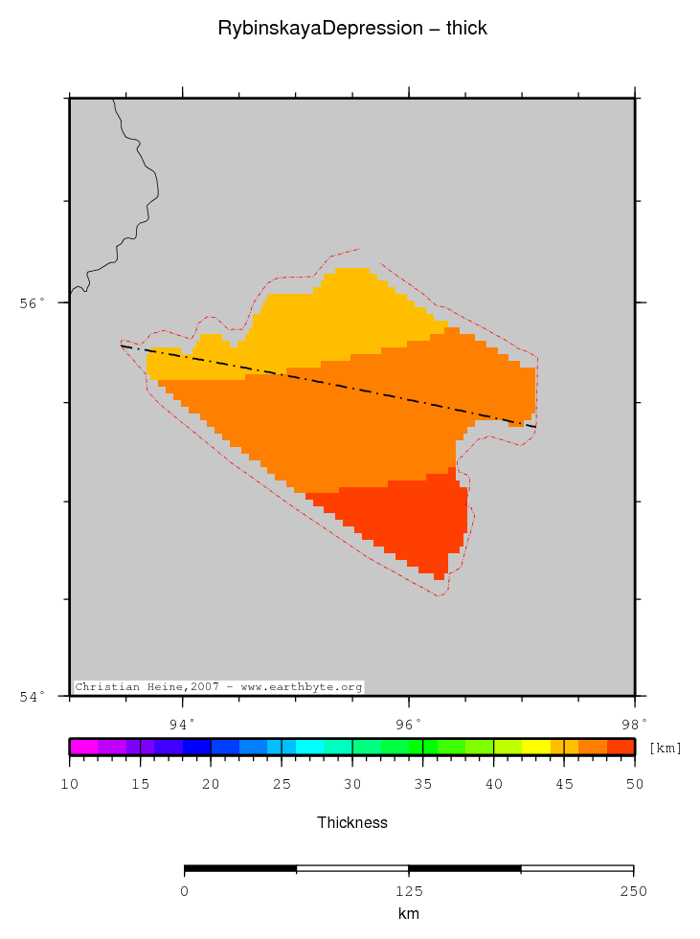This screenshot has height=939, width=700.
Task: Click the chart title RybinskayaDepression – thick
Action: (352, 29)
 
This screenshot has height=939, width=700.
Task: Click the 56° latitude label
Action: (34, 303)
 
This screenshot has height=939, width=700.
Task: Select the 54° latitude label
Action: (34, 696)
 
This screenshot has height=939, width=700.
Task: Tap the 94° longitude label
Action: (182, 723)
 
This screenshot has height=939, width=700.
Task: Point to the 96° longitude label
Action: (409, 723)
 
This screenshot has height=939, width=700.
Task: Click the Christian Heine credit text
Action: (218, 687)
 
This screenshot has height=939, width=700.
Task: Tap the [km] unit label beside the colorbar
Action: (665, 748)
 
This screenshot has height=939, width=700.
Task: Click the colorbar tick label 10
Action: (69, 785)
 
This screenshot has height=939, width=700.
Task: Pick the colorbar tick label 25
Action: (282, 785)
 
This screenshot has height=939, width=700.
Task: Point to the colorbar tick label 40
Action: (493, 785)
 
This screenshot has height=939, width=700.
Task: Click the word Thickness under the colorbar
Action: (352, 822)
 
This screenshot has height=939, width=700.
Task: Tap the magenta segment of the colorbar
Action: (83, 747)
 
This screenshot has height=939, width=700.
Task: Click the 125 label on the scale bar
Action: (409, 891)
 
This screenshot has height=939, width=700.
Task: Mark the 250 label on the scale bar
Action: (633, 891)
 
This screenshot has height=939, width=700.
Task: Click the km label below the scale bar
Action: (409, 914)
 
